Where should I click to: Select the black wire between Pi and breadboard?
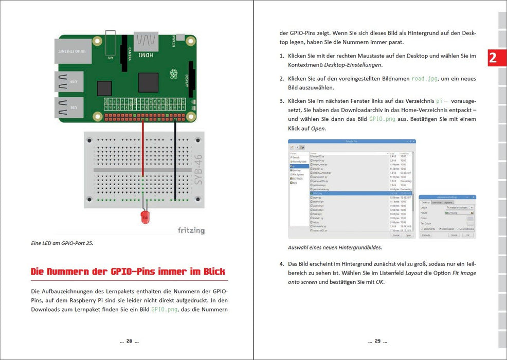175,159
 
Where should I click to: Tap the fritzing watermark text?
191,230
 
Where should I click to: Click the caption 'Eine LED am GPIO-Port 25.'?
62,243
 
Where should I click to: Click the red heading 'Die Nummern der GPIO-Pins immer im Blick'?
128,271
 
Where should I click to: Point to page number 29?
377,341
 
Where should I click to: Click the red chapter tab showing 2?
493,58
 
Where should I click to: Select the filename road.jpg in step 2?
425,79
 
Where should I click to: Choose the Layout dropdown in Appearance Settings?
459,207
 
